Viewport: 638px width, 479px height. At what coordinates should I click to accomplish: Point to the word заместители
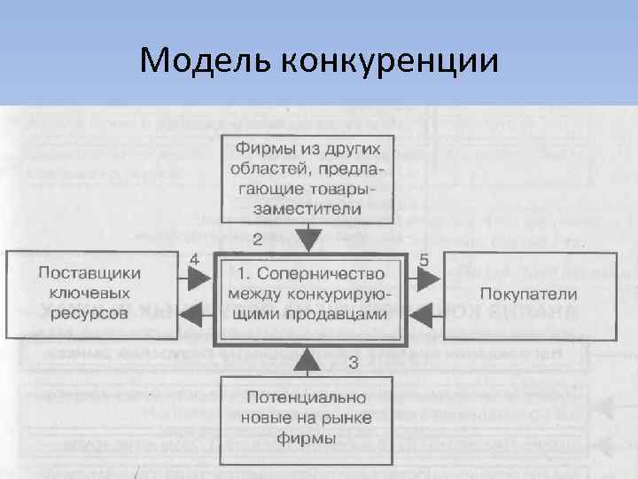click(x=307, y=209)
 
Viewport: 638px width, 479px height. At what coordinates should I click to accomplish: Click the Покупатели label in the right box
click(x=528, y=294)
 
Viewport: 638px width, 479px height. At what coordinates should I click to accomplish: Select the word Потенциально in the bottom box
click(x=307, y=397)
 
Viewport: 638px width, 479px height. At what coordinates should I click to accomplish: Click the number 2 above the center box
click(x=258, y=238)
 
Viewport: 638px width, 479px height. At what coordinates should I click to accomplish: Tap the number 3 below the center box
click(x=353, y=362)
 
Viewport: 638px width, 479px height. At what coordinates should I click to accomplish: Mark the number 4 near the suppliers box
click(x=194, y=260)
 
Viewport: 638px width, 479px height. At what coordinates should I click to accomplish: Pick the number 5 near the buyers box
click(x=424, y=260)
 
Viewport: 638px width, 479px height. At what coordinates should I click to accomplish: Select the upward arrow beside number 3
click(x=307, y=359)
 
